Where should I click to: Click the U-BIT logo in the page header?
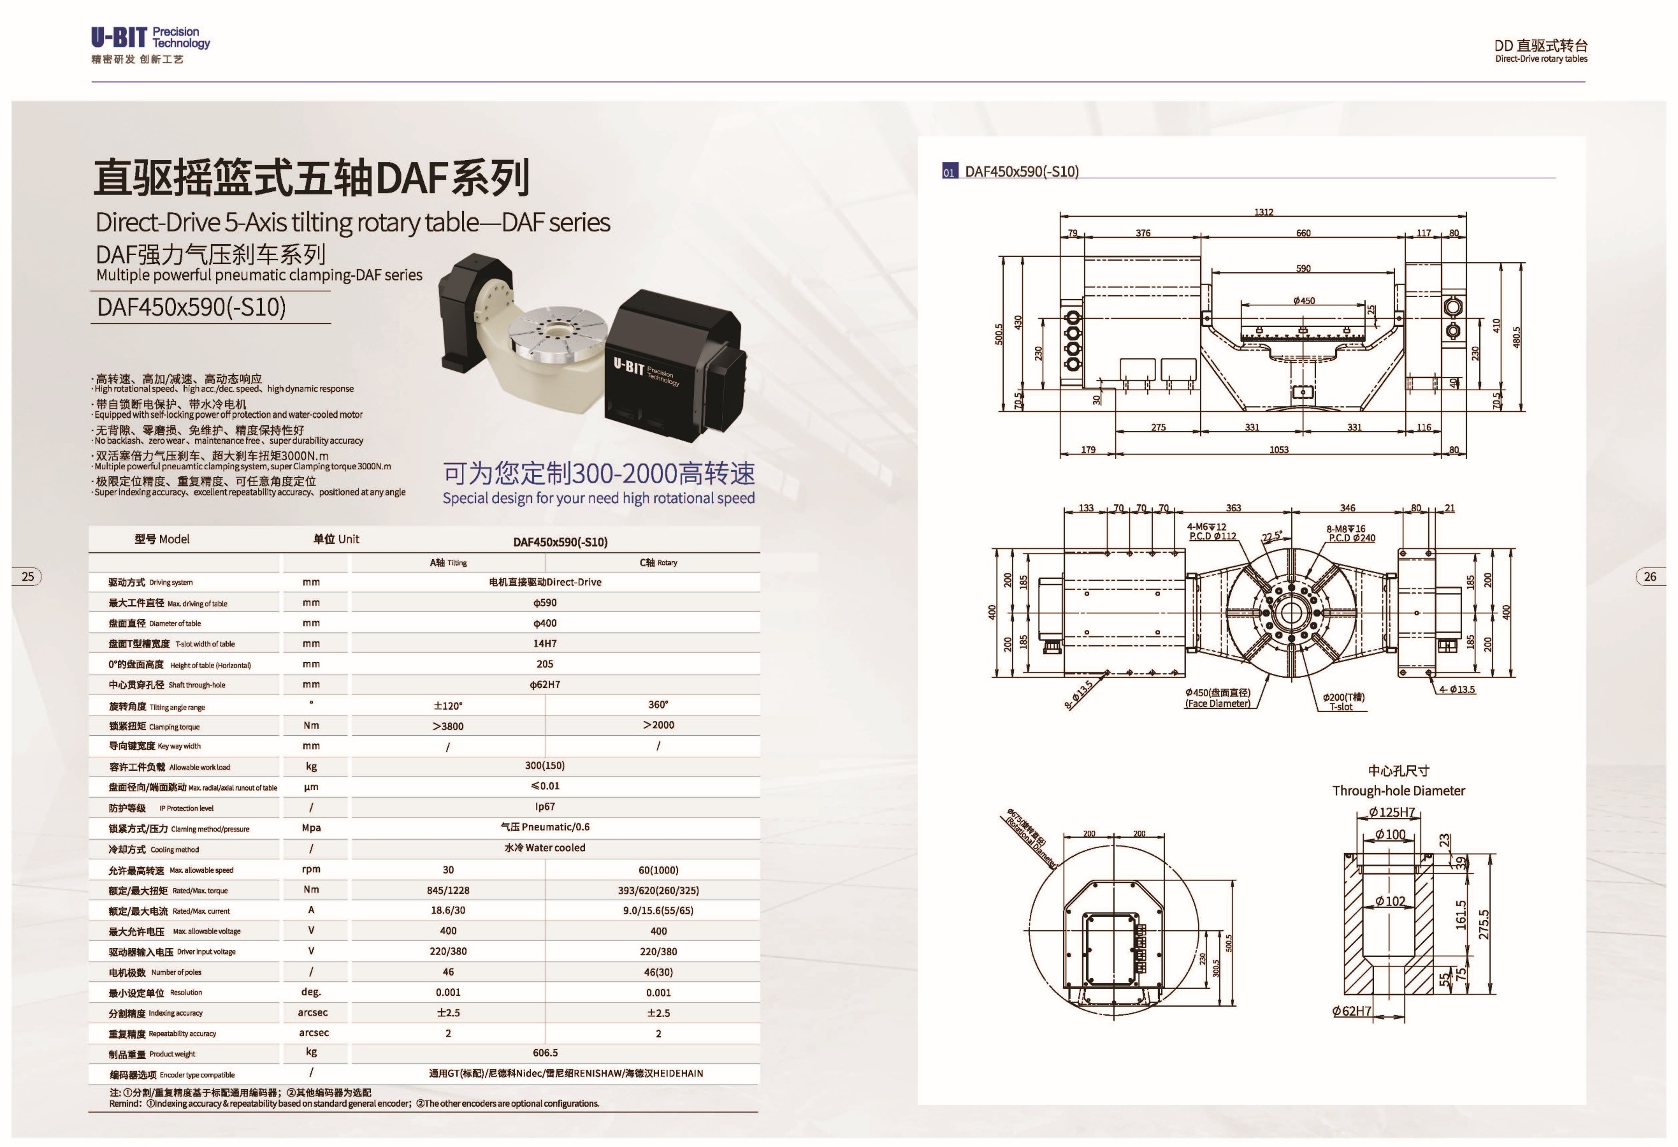click(x=150, y=45)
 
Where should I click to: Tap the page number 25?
click(x=28, y=576)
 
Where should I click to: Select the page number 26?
click(x=1650, y=576)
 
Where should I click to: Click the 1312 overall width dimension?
click(x=1264, y=212)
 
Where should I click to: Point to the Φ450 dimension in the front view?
click(x=1303, y=300)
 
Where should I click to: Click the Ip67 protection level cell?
click(x=545, y=806)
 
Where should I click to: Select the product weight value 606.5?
click(x=545, y=1053)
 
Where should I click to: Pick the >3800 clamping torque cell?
click(x=447, y=726)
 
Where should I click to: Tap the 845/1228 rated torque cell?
click(x=447, y=891)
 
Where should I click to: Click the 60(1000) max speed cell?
click(x=658, y=870)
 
